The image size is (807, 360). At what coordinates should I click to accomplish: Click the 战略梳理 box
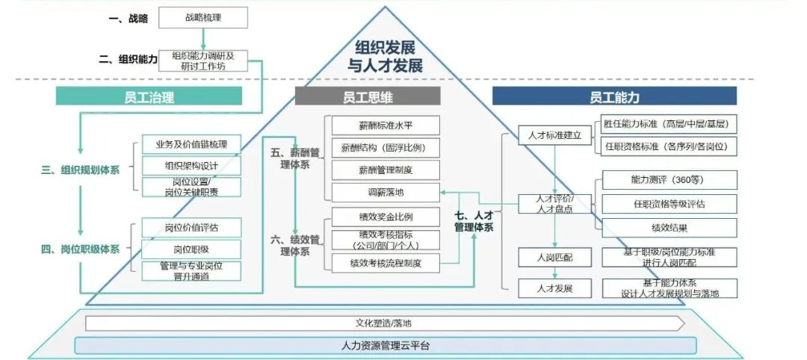tap(204, 16)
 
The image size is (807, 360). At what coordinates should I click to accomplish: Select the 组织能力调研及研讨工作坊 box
tap(204, 60)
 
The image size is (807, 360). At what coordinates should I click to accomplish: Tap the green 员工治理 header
tap(149, 96)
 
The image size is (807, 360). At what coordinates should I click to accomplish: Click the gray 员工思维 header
tap(368, 96)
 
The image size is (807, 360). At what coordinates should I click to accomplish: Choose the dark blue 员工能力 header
tap(614, 96)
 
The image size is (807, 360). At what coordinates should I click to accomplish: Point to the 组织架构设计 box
tap(191, 165)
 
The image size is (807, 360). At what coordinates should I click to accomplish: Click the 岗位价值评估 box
tap(191, 228)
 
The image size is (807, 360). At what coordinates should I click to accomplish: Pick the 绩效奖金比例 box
tap(384, 217)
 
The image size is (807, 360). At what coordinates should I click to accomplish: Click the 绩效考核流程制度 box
tap(384, 262)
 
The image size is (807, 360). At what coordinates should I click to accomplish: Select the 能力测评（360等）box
tap(670, 180)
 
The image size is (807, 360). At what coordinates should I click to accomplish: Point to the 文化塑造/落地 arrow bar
tap(384, 323)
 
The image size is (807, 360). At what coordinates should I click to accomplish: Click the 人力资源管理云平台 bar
tap(386, 346)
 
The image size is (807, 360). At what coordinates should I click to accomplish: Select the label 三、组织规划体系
tap(80, 170)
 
